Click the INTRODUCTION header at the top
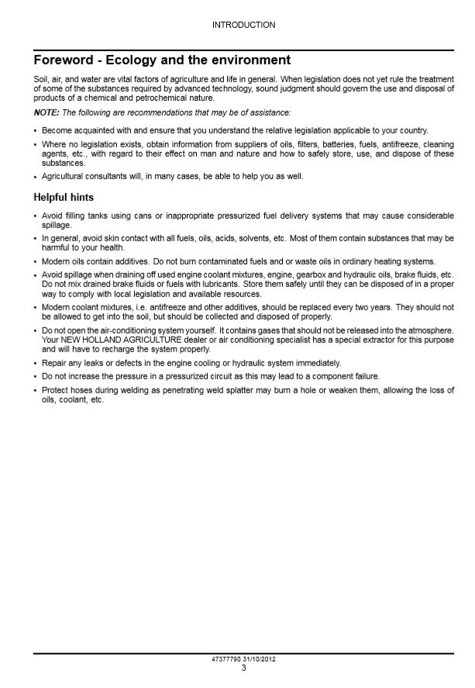[x=243, y=25]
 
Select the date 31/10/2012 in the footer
[x=259, y=659]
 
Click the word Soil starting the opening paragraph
[x=40, y=79]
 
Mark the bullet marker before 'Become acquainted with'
[x=36, y=130]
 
